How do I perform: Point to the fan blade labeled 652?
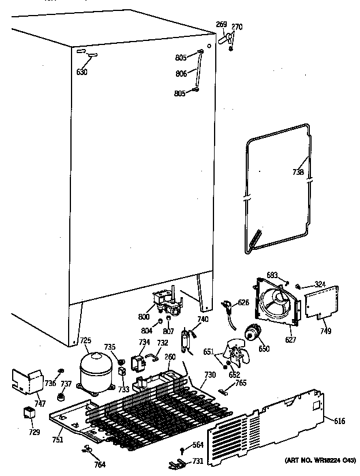237,357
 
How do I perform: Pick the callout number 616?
339,422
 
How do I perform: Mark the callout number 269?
221,25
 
